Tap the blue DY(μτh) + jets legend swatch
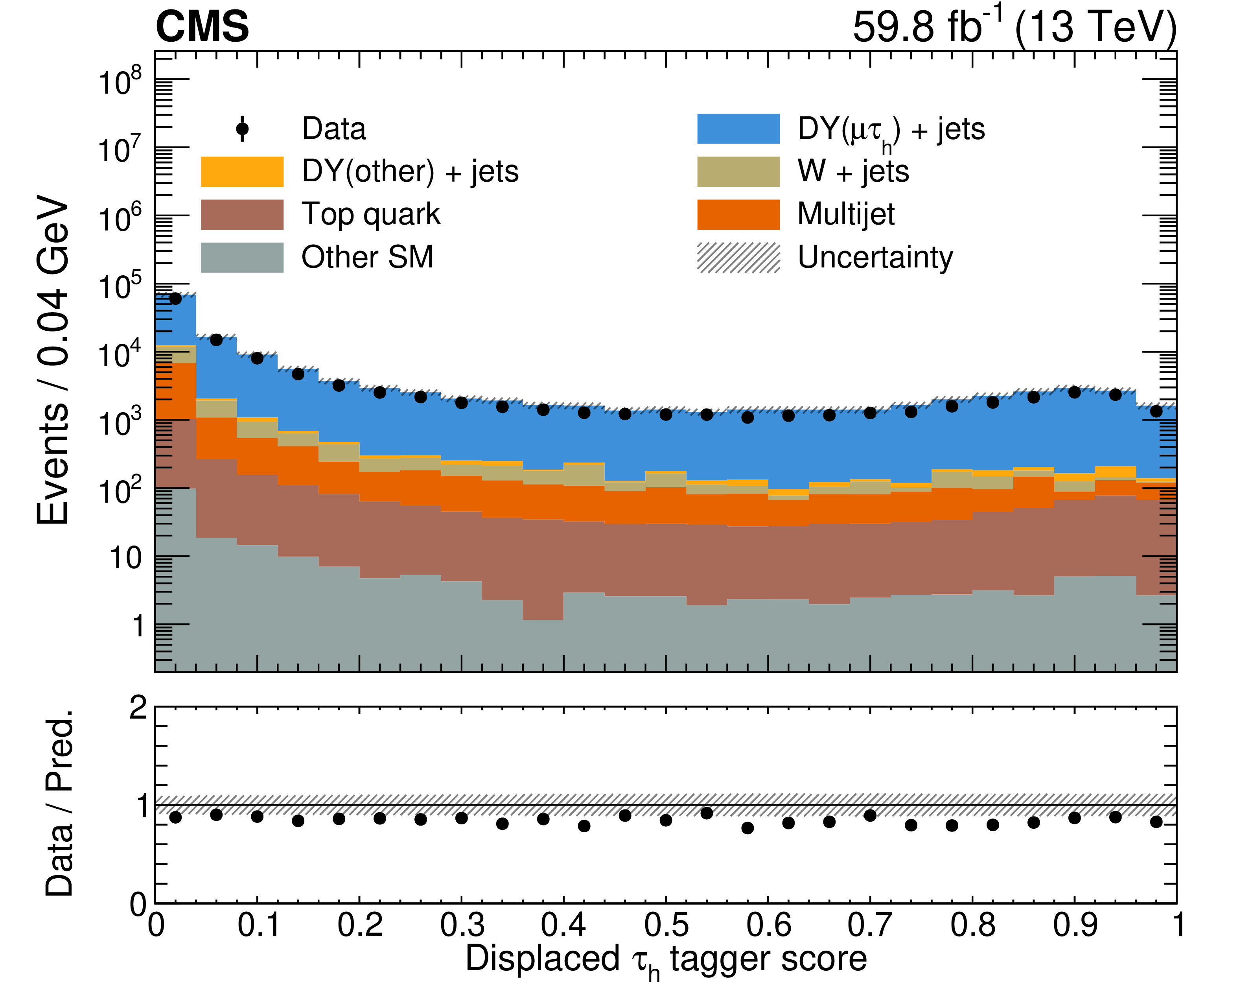[738, 129]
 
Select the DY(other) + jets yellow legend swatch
[242, 171]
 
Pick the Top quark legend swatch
[242, 214]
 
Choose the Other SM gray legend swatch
[242, 257]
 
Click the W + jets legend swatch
[738, 171]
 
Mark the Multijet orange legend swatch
[738, 214]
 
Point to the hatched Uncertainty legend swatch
[738, 257]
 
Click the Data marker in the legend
[242, 129]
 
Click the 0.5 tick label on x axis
[665, 925]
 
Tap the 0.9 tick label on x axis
[1074, 925]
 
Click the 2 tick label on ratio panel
[138, 708]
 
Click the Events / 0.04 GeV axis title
[52, 359]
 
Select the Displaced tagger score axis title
[665, 960]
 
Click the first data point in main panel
[175, 298]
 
